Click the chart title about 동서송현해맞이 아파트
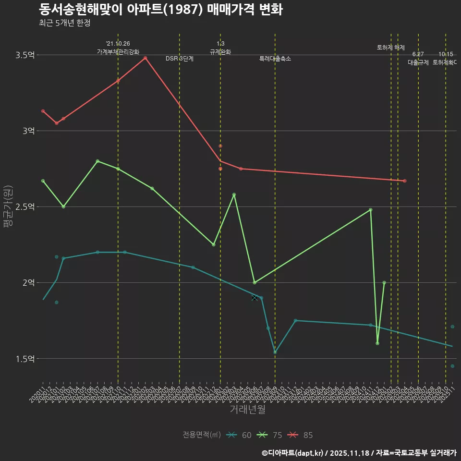160,10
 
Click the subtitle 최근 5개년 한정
64,23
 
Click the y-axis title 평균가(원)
8,206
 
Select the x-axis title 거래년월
247,410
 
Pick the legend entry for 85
301,435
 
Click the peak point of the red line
145,58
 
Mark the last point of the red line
405,181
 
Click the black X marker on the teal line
255,298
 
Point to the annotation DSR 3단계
180,59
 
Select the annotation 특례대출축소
275,59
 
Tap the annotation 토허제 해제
391,48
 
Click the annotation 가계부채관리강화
118,51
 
